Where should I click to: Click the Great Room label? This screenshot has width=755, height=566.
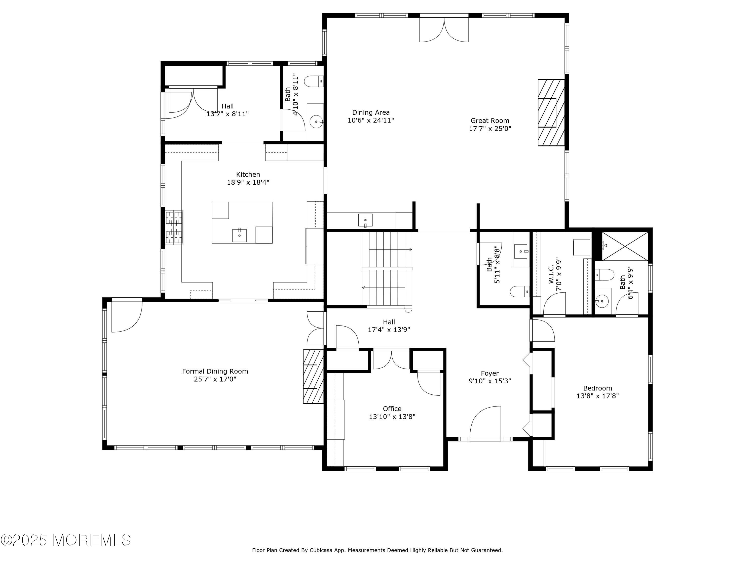pos(490,120)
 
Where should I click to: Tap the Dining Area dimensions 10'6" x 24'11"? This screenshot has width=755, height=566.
pos(371,120)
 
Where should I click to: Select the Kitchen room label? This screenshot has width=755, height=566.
pos(248,174)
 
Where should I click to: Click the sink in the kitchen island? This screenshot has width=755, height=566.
pos(239,235)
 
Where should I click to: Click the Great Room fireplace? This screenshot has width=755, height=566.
pos(551,113)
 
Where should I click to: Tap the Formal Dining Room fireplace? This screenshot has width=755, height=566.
pos(313,377)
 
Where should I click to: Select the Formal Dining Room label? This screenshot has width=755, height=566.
pos(215,371)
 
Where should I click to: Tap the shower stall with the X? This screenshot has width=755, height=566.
pos(625,246)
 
